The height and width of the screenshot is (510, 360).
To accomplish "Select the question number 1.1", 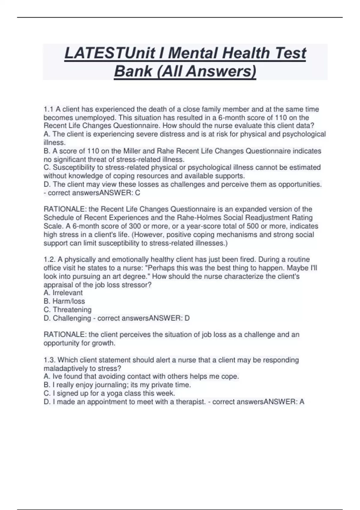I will (x=49, y=109).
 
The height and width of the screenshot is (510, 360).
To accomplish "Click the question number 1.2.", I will (x=50, y=259).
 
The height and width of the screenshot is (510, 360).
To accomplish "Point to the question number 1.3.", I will (x=50, y=360).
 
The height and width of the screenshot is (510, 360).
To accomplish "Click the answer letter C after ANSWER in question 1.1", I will (x=138, y=193).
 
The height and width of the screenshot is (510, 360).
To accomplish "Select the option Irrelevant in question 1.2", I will (x=67, y=293).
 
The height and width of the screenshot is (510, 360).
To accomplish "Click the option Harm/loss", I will (x=69, y=301).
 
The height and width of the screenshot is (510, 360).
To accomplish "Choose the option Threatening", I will (x=72, y=310).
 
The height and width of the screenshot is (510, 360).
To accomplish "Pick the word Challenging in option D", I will (x=72, y=318).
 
